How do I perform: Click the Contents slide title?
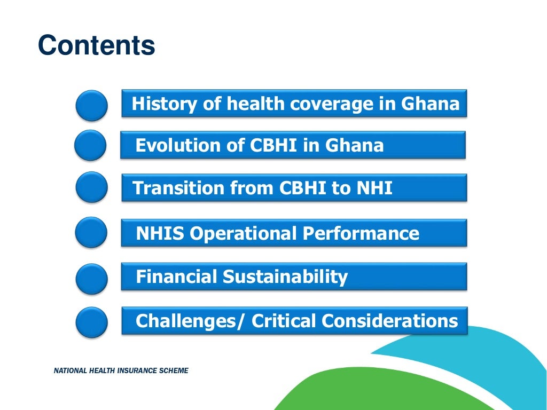[97, 46]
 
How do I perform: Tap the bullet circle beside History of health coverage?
[91, 105]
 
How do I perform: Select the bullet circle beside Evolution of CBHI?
[90, 146]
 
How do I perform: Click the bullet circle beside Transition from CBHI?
[91, 187]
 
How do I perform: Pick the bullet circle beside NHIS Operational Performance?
[91, 233]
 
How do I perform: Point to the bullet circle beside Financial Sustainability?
[91, 278]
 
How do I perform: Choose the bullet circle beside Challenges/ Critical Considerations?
[91, 322]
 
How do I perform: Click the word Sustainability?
[285, 277]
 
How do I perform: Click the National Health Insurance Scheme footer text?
[121, 370]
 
